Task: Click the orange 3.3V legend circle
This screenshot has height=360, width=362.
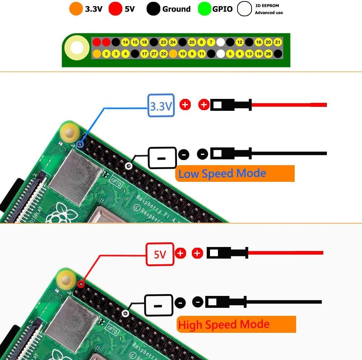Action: coord(76,9)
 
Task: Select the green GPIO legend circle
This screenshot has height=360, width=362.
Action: coord(205,9)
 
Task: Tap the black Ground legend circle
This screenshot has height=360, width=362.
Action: coord(153,9)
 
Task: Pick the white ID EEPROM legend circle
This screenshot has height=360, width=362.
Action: coord(244,9)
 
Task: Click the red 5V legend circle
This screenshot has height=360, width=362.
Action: coord(115,9)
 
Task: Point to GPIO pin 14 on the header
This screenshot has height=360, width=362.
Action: coord(125,42)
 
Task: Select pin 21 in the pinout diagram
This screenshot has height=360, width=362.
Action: coord(278,42)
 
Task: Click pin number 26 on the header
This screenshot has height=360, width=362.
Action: coord(268,54)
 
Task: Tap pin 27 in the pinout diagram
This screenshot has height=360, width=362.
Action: coord(154,54)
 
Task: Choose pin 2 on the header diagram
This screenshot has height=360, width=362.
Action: coord(106,54)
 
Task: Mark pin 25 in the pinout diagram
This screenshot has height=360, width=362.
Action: coord(192,42)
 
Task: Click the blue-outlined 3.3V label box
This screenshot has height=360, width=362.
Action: coord(161,105)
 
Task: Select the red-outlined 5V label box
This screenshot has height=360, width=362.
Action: coord(160,255)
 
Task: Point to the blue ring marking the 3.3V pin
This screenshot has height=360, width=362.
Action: coord(80,145)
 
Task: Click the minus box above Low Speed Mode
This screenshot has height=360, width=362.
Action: coord(162,158)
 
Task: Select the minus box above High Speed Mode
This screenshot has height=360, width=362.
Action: coord(158,305)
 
